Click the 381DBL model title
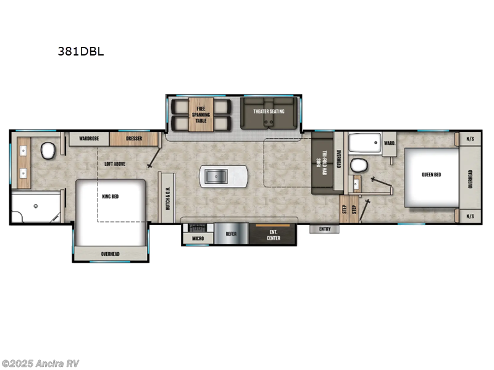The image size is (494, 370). pos(80,51)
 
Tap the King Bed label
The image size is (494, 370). pos(110,196)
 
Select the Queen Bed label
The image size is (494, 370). pos(431,175)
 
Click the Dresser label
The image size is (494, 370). pos(134,139)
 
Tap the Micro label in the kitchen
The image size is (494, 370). pos(198,237)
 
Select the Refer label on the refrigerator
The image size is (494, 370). pos(230,234)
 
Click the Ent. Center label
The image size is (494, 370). pos(273,234)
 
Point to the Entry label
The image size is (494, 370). pos(325,229)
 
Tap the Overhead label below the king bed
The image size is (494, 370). pos(111,253)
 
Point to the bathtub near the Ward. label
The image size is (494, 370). pos(364,144)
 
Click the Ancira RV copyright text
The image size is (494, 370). pos(41,363)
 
